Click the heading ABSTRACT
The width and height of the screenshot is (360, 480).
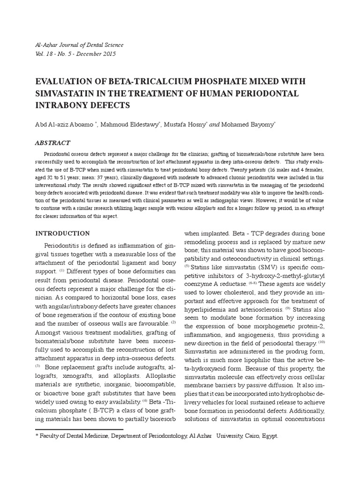[x=53, y=142]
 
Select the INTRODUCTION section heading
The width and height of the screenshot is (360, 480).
[x=63, y=233]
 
